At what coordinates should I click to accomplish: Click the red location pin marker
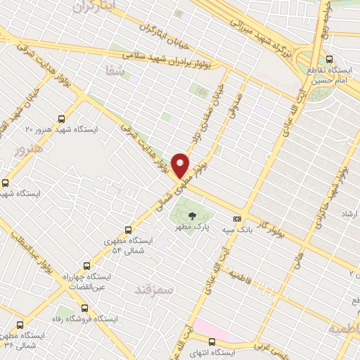181,165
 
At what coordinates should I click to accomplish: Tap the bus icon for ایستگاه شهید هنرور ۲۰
61,119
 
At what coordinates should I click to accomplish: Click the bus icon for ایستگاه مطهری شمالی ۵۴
128,229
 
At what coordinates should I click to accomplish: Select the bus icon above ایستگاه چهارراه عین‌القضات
86,266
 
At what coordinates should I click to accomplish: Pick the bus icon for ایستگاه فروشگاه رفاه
86,307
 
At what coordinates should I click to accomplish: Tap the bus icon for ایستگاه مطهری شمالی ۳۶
19,326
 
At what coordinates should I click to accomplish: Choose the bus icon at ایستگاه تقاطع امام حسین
330,59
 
